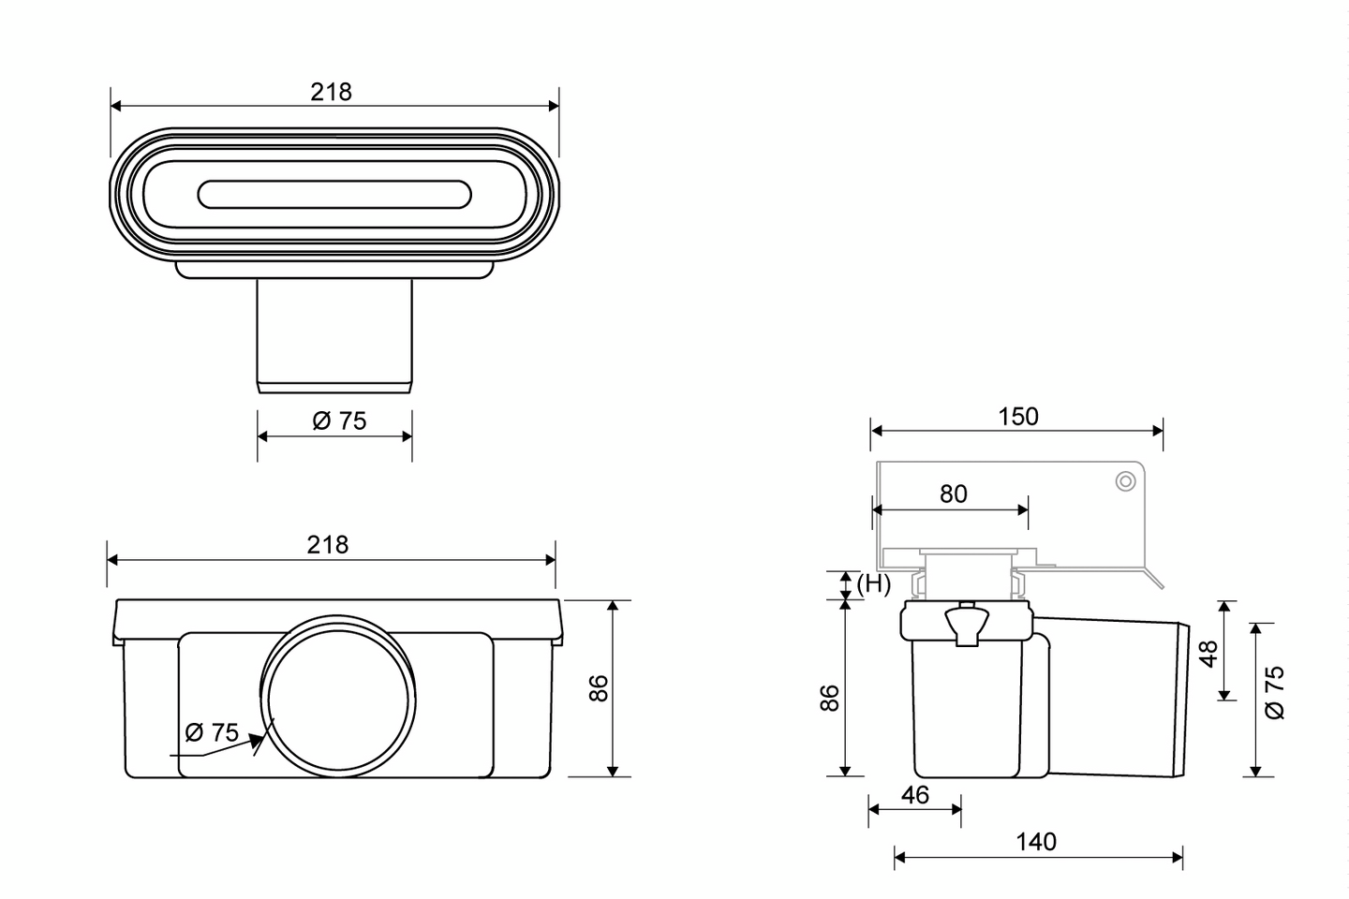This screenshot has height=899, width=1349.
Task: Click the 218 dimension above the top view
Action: [331, 92]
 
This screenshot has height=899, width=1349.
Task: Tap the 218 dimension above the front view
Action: [328, 545]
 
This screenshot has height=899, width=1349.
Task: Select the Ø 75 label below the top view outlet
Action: [339, 420]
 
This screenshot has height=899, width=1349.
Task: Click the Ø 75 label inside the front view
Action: [212, 733]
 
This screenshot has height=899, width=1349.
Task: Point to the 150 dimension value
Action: [1018, 417]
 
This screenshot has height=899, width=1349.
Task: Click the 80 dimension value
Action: [954, 494]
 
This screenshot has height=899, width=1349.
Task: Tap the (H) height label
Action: [873, 584]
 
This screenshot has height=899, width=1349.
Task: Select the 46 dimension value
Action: [915, 795]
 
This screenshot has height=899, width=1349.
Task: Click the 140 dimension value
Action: [1036, 842]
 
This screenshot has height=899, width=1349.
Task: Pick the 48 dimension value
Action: [1208, 654]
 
